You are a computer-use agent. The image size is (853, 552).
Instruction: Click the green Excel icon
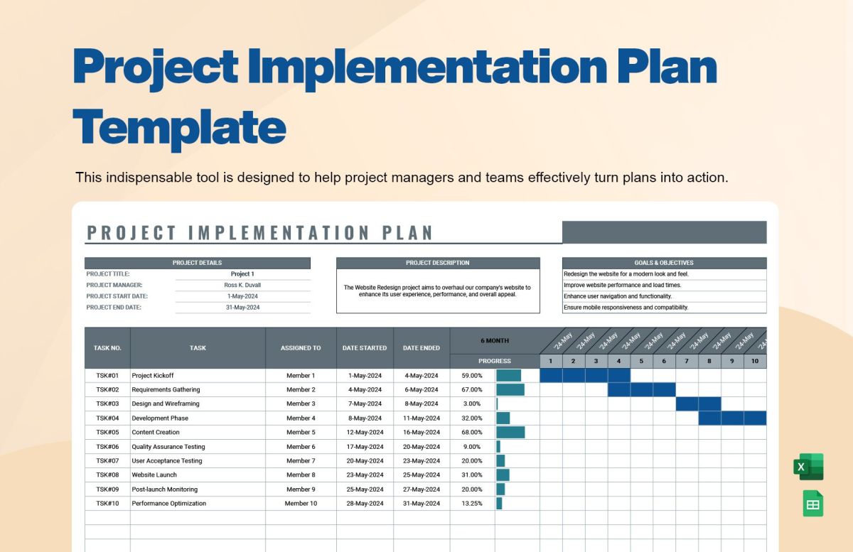pyautogui.click(x=808, y=467)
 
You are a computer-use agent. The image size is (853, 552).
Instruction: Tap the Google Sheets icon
pyautogui.click(x=813, y=504)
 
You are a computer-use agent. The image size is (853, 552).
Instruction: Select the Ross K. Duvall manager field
pyautogui.click(x=242, y=285)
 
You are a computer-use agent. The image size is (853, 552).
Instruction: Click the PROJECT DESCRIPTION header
pyautogui.click(x=437, y=263)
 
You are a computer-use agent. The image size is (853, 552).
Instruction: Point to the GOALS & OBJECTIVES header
pyautogui.click(x=664, y=263)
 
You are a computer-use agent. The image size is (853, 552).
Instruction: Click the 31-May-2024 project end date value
pyautogui.click(x=242, y=308)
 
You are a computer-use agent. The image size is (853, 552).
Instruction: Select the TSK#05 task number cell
pyautogui.click(x=107, y=432)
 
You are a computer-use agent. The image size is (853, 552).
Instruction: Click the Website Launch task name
pyautogui.click(x=154, y=475)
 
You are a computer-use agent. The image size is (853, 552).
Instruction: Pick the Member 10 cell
pyautogui.click(x=301, y=503)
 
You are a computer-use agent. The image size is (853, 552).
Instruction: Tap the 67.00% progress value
pyautogui.click(x=471, y=389)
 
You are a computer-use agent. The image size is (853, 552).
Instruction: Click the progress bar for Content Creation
pyautogui.click(x=510, y=432)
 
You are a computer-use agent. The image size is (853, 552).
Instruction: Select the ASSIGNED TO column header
pyautogui.click(x=301, y=348)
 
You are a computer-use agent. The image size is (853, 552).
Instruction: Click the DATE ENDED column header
pyautogui.click(x=421, y=348)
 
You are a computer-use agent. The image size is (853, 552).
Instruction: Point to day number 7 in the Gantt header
pyautogui.click(x=687, y=361)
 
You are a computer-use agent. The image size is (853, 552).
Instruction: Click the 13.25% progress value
pyautogui.click(x=471, y=503)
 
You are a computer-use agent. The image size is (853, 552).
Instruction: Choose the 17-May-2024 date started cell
pyautogui.click(x=365, y=447)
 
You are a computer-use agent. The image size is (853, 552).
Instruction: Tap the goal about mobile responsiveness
pyautogui.click(x=626, y=308)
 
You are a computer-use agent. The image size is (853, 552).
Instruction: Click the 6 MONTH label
pyautogui.click(x=495, y=340)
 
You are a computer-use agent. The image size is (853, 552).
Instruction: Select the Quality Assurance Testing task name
pyautogui.click(x=168, y=447)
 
